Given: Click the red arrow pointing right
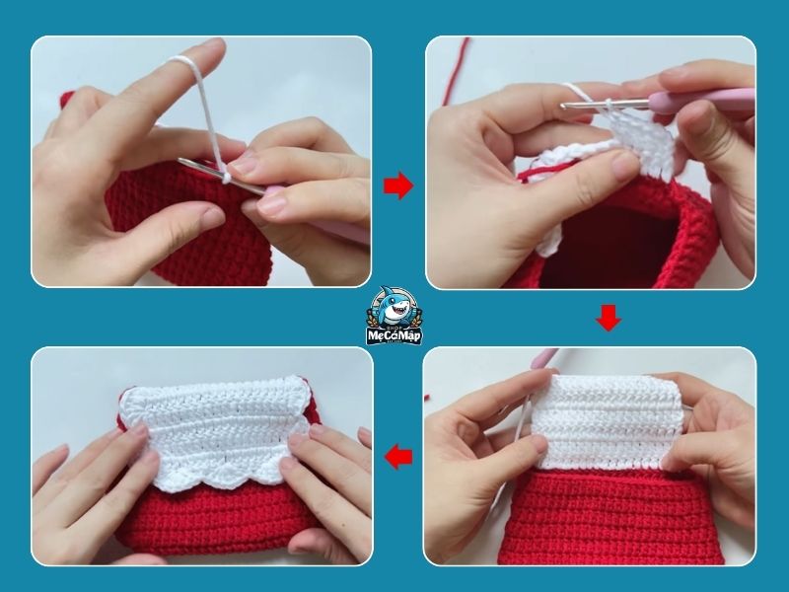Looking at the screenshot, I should coord(397,186).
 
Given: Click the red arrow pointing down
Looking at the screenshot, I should coord(609,318).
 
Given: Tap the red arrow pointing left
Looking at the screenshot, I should coord(398,457).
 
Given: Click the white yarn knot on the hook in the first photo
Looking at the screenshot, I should coord(228,179).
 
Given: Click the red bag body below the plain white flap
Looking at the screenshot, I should coord(611,513).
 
